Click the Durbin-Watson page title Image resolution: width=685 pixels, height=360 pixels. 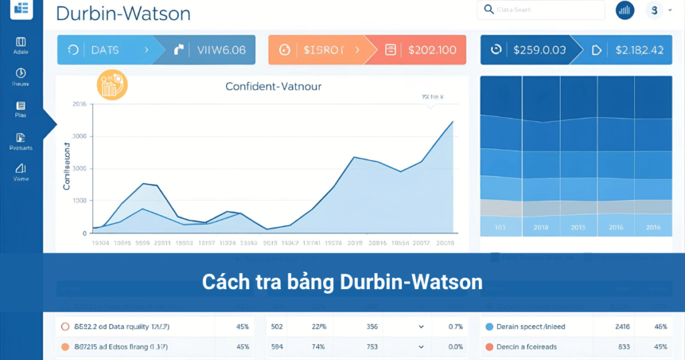(x=123, y=13)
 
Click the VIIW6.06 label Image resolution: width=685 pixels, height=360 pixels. (x=221, y=50)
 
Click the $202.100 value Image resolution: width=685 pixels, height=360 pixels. (x=431, y=50)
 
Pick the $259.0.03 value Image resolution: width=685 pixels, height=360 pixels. (x=539, y=50)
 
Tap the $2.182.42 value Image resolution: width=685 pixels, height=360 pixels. (x=639, y=50)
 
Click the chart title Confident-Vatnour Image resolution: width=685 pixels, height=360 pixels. (x=273, y=86)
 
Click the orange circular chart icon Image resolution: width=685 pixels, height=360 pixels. (x=112, y=85)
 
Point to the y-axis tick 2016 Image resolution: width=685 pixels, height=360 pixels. (x=79, y=104)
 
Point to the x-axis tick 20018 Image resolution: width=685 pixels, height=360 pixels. (x=444, y=244)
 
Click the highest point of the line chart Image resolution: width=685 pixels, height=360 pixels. (x=453, y=121)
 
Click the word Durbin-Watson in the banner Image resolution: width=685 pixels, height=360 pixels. (x=411, y=282)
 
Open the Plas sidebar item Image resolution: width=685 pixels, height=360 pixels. (x=21, y=109)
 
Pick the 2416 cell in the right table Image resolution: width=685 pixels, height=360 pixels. (x=622, y=327)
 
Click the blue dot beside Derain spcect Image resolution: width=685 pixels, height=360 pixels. (x=489, y=327)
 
